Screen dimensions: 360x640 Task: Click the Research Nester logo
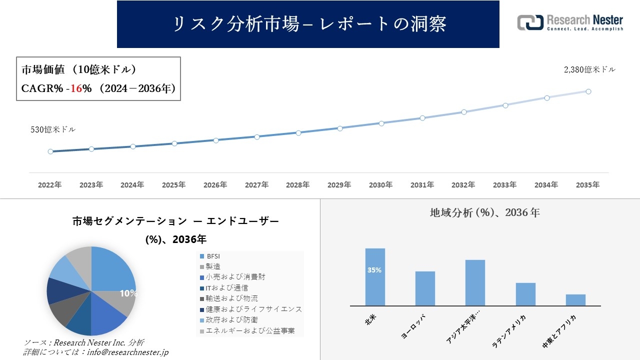(570, 23)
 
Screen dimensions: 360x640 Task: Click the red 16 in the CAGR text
(75, 88)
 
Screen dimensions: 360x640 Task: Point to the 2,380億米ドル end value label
(589, 70)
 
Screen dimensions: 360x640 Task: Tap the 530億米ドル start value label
(53, 129)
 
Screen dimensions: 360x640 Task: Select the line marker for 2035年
(588, 91)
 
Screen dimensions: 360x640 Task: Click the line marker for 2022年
(50, 151)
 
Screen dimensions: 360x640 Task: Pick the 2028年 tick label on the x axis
(297, 185)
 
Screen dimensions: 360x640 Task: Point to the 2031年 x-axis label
(422, 185)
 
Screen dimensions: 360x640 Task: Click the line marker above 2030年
(381, 123)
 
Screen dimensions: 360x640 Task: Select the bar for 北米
(375, 277)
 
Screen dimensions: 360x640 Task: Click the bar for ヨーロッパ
(425, 288)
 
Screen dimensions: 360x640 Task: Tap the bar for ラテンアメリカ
(525, 294)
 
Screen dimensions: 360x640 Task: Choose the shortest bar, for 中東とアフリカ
(575, 300)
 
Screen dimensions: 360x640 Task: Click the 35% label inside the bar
(374, 270)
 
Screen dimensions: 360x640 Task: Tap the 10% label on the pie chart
(128, 293)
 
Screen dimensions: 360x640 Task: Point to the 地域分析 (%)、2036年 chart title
(484, 212)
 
